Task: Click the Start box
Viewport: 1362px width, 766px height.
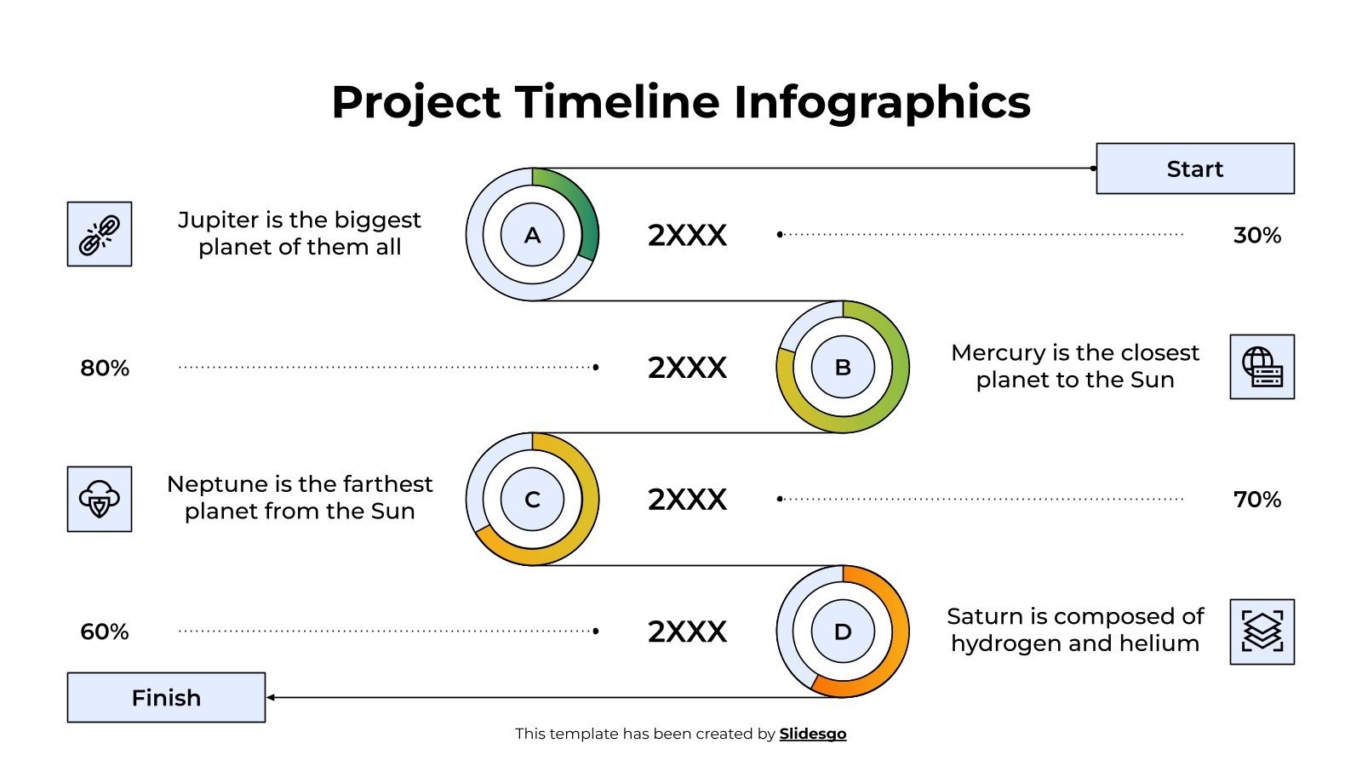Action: [1194, 169]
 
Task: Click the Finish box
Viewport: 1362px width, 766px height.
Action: [166, 698]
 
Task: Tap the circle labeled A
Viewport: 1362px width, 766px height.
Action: [532, 235]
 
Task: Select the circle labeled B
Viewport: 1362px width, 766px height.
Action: [843, 367]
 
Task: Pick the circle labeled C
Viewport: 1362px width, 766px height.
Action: [532, 500]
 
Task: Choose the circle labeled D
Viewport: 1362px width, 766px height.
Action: [843, 632]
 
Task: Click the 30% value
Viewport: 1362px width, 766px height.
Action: [1256, 235]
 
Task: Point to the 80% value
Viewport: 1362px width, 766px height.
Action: [105, 368]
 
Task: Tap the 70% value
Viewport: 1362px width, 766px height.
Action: [1256, 500]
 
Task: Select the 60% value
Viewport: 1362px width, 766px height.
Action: [105, 632]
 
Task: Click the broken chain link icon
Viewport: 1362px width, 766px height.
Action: [100, 234]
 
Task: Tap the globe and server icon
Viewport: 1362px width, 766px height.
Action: [1262, 367]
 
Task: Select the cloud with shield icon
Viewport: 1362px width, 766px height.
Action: [100, 499]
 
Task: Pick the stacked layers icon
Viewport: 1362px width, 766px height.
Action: [1262, 632]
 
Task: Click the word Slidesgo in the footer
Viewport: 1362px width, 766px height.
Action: [812, 734]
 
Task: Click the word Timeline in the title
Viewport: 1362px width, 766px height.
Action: [617, 102]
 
